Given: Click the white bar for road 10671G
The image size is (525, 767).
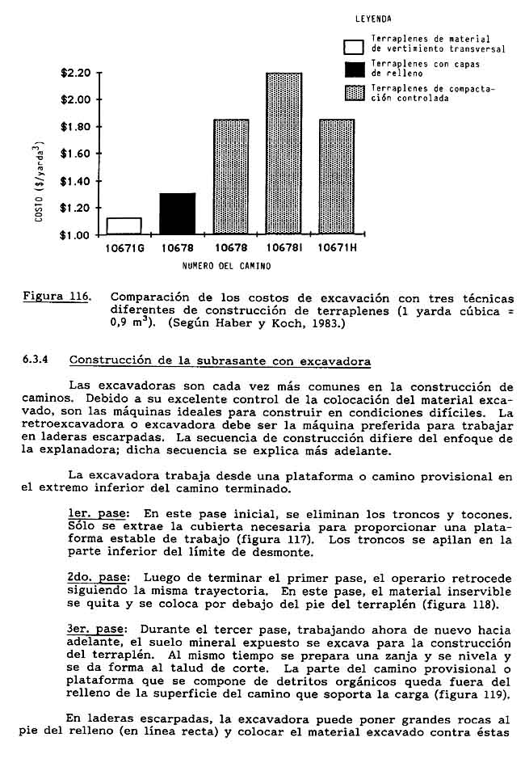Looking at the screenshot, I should tap(124, 225).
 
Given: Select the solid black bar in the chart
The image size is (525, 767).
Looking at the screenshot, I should tap(178, 213).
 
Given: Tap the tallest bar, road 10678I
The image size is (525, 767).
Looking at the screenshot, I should tap(283, 154).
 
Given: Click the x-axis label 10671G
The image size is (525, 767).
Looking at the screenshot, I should tap(124, 249).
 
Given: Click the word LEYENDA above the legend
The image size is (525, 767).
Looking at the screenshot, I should tap(373, 19).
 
